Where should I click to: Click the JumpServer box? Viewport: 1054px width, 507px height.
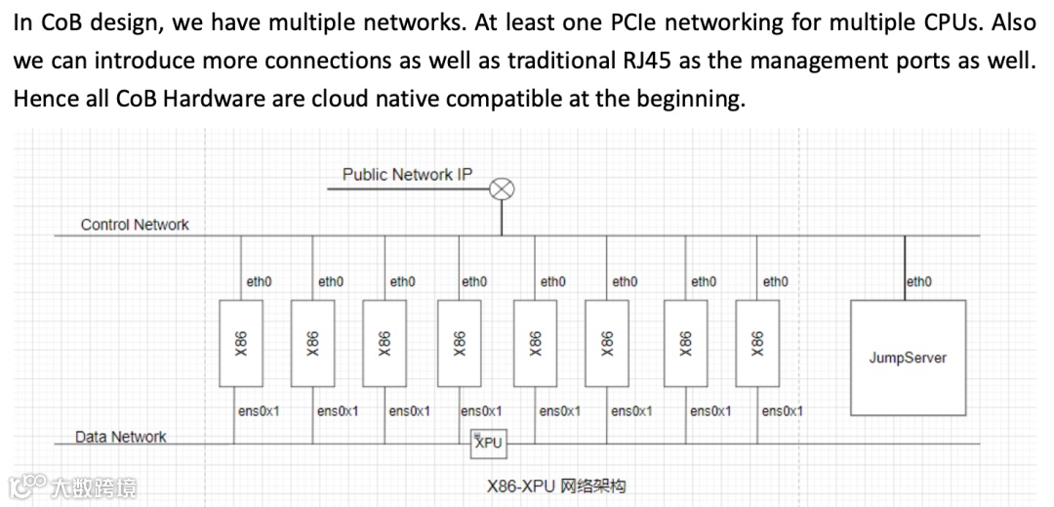[908, 358]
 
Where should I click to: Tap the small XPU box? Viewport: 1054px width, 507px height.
[488, 443]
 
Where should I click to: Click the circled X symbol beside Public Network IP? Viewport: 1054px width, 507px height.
[502, 190]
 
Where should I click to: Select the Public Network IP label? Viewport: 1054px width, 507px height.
[407, 175]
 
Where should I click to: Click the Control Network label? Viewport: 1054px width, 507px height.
[135, 225]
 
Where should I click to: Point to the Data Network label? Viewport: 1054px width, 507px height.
[121, 437]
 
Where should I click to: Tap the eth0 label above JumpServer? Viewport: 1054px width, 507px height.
[919, 281]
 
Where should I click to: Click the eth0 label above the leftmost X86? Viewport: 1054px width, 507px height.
[259, 281]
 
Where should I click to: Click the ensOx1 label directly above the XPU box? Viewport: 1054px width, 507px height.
[481, 411]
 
